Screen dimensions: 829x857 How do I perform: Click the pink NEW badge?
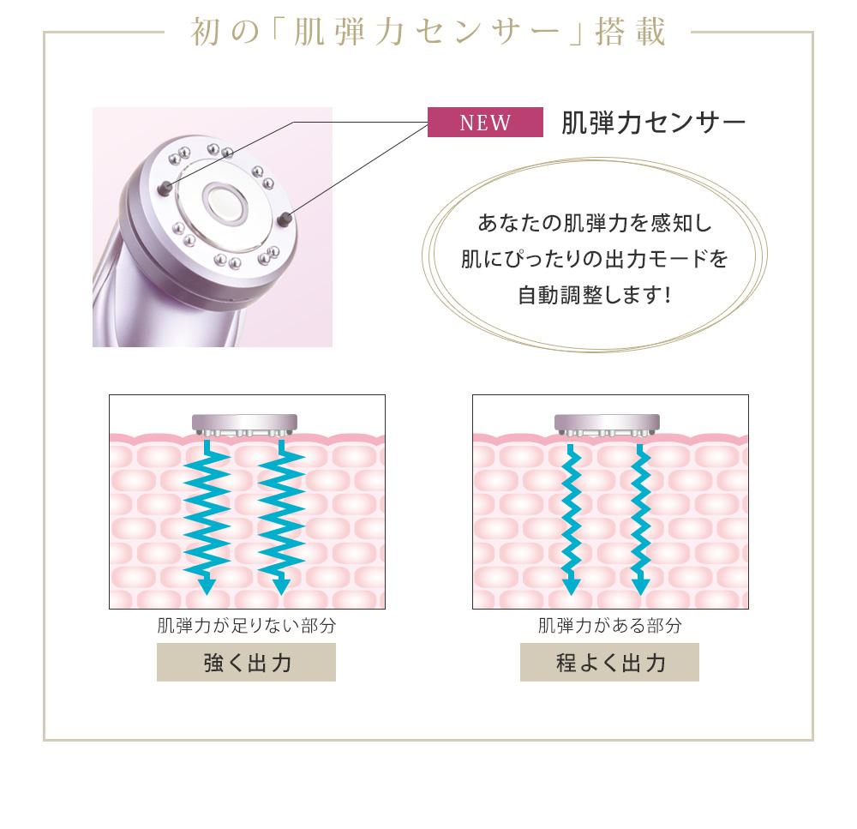485,123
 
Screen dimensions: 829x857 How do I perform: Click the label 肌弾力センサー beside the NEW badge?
653,123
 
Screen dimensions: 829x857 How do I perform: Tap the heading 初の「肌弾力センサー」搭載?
428,33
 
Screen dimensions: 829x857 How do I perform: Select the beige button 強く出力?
246,662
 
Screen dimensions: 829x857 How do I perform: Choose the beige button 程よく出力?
609,662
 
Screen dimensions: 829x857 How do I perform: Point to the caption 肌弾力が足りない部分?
246,626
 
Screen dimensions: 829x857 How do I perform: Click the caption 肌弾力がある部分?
609,626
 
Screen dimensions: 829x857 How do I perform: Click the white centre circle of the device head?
226,204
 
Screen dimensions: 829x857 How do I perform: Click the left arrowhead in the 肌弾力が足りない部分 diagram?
207,586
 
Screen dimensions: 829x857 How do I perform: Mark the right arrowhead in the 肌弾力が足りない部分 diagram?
281,586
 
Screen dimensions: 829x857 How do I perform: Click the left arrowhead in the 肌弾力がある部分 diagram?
571,586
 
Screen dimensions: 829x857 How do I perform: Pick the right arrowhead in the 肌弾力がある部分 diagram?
640,586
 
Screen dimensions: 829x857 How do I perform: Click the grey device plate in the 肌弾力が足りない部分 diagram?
244,423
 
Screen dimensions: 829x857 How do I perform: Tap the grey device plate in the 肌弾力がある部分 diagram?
607,423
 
